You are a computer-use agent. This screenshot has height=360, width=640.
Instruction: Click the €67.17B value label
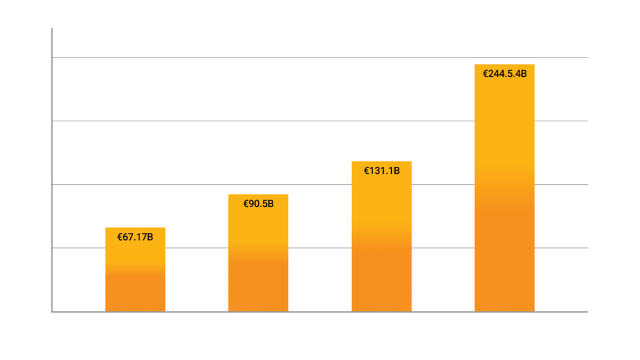[135, 237]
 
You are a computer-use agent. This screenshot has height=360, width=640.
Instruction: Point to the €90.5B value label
[258, 203]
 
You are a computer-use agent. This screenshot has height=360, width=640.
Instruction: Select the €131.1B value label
[381, 170]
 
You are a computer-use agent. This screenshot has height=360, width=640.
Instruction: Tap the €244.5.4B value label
[504, 73]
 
